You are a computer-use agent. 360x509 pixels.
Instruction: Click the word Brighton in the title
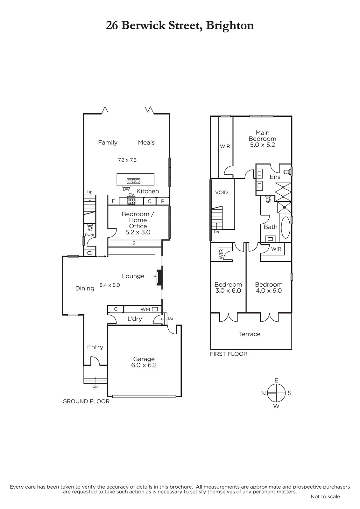coord(230,26)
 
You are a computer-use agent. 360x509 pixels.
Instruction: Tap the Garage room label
coord(144,359)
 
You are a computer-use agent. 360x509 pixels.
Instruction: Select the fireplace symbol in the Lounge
coord(160,277)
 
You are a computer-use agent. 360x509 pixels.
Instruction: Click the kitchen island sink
coord(133,181)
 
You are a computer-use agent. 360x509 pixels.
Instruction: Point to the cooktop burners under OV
coord(131,201)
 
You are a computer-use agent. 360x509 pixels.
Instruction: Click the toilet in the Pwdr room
coord(90,227)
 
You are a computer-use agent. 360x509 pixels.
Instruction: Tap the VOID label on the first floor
coord(221,192)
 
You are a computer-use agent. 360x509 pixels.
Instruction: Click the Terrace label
coord(250,334)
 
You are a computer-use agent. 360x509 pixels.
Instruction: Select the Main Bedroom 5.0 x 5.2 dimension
coord(262,145)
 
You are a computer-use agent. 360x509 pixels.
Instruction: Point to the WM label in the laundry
coord(145,309)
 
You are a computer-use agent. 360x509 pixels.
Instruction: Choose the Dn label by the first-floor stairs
coord(216,232)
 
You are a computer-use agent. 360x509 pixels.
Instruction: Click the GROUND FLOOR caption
coord(86,401)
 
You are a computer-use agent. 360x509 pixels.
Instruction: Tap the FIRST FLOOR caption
coord(229,354)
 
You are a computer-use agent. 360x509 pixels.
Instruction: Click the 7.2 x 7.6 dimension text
coord(127,160)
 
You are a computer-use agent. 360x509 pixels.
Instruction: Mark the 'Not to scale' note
coord(325,497)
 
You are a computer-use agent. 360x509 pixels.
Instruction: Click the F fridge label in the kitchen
coord(113,201)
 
